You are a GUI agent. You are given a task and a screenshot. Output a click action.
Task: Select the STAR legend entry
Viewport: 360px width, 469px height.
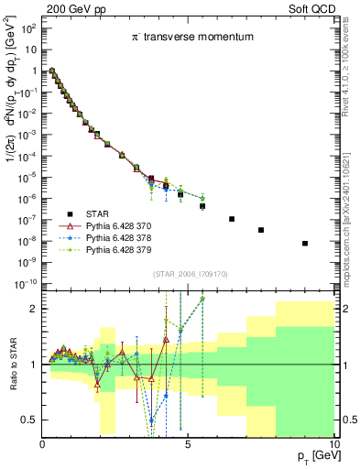[99, 212]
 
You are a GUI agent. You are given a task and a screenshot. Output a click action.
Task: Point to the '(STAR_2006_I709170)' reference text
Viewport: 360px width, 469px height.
[189, 272]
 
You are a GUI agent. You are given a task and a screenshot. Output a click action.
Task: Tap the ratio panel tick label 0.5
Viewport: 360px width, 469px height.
[29, 420]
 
